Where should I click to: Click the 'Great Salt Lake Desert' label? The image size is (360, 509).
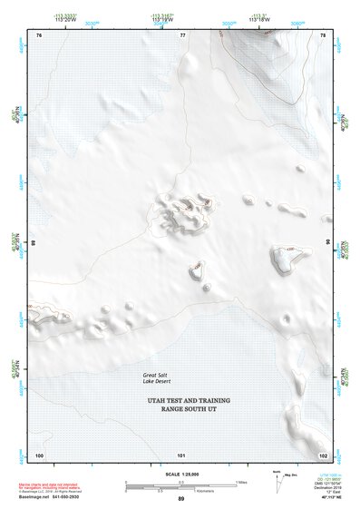point(158,378)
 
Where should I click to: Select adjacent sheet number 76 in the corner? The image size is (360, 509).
point(39,34)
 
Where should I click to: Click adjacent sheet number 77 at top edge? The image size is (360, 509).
point(182,34)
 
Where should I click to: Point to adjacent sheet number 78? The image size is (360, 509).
point(322,34)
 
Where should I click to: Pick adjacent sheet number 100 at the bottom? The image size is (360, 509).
point(39,455)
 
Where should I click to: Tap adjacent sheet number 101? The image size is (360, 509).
point(181,455)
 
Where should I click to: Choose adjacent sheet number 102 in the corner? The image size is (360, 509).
point(322,455)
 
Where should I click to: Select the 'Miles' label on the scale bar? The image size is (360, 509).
point(242,482)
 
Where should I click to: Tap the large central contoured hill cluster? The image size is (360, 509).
point(181,212)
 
